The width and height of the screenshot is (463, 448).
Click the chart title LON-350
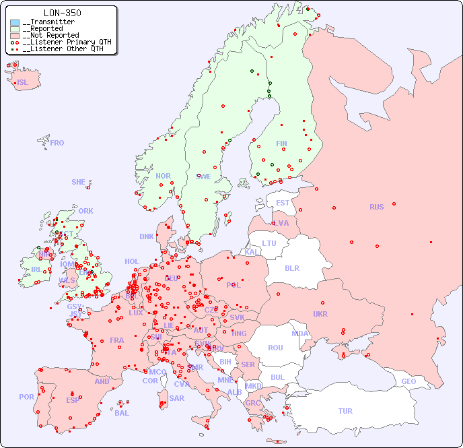pos(62,13)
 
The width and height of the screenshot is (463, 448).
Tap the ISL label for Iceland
pos(23,83)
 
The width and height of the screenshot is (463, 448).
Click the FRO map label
pos(57,143)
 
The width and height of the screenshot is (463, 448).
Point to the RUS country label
pos(376,207)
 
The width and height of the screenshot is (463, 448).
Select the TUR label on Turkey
pos(345,411)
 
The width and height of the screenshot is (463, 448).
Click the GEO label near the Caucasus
pos(408,381)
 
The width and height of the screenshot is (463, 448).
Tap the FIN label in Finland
pos(281,143)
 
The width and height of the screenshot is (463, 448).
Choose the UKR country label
pos(320,314)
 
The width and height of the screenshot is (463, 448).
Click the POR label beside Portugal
pos(26,397)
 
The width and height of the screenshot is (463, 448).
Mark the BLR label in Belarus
pos(292,267)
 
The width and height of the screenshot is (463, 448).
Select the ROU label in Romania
pos(275,348)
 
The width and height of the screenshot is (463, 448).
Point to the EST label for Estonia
pos(283,203)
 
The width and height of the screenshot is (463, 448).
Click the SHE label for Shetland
pos(79,182)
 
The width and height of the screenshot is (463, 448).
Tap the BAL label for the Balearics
pos(122,413)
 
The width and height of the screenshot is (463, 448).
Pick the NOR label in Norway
pos(163,176)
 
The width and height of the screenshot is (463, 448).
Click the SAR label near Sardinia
pos(176,398)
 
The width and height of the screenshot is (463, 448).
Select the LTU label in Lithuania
pos(269,243)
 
